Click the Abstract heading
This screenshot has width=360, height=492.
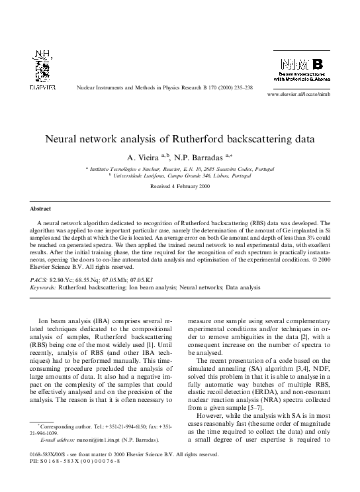click(42, 208)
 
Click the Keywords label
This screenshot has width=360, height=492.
click(44, 288)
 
